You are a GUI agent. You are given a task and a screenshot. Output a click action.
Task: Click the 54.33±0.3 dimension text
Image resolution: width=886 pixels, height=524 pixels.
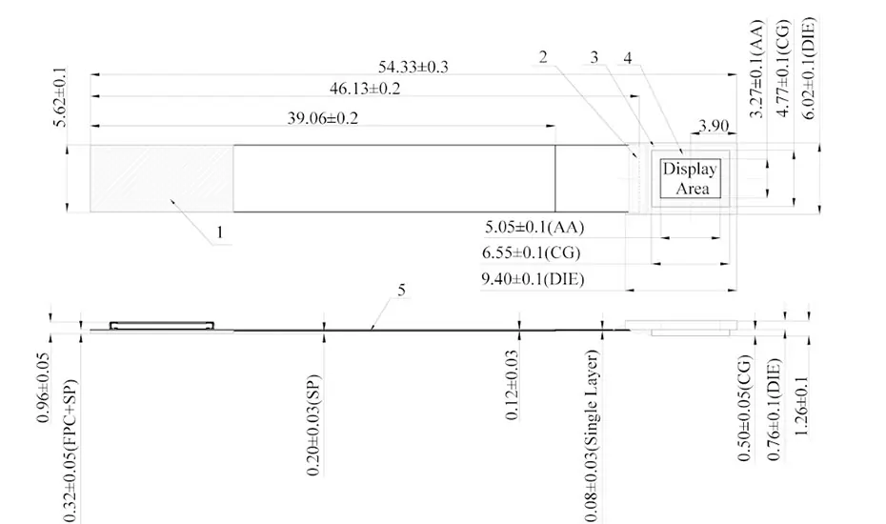(413, 67)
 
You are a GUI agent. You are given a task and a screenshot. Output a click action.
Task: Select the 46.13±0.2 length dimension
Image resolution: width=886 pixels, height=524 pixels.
(365, 89)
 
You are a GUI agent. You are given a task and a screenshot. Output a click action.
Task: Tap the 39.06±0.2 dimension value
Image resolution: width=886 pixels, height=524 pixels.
(323, 118)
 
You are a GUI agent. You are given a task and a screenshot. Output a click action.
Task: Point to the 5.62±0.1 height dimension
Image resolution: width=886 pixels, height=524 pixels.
(60, 96)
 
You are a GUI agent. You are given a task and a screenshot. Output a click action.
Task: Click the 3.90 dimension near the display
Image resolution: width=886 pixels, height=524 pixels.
(714, 125)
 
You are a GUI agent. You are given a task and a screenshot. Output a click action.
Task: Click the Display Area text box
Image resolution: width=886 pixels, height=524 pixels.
(691, 178)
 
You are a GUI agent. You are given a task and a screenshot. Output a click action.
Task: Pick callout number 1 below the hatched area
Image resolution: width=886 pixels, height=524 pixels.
(220, 232)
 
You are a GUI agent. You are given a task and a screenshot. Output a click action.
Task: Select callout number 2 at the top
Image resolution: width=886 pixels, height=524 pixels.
(543, 57)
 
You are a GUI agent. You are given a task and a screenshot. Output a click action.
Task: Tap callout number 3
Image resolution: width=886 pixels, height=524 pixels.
(594, 57)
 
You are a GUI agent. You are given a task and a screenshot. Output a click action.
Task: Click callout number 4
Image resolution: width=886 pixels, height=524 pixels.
(628, 57)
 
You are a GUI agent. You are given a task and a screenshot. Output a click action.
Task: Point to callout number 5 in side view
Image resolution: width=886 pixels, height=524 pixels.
(401, 290)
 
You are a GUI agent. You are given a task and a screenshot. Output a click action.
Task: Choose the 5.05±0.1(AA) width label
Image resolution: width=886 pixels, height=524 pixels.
(534, 228)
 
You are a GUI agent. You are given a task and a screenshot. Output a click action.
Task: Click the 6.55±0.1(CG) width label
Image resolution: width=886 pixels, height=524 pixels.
(532, 252)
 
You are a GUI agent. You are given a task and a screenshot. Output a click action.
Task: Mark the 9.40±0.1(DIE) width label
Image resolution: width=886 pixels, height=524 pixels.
(533, 279)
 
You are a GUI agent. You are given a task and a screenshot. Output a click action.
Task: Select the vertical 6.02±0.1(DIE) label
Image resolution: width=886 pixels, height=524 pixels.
(809, 69)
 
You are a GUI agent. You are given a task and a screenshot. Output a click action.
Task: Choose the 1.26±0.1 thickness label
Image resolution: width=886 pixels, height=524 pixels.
(802, 406)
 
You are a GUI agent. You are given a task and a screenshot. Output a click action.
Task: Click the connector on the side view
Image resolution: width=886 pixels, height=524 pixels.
(162, 325)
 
